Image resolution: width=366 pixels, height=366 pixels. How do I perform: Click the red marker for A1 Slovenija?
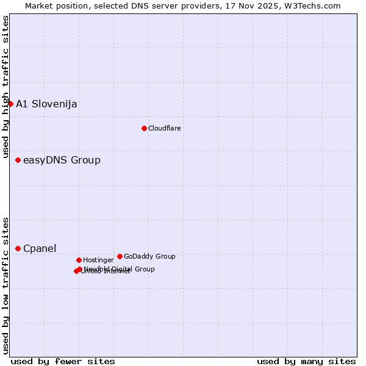point(10,104)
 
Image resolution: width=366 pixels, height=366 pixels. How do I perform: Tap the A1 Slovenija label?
point(46,104)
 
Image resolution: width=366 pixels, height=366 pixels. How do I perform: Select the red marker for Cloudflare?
point(144,128)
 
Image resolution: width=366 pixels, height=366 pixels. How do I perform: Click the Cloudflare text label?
point(164,128)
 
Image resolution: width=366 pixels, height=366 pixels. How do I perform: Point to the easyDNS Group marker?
point(18,160)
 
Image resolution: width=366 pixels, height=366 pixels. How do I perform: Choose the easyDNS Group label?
point(62,160)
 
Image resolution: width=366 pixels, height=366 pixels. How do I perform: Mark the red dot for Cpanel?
point(18,248)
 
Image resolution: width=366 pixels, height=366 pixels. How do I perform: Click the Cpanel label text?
point(40,248)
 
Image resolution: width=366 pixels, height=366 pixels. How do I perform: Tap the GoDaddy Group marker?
point(120,256)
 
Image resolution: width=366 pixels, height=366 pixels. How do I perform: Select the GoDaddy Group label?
point(149,256)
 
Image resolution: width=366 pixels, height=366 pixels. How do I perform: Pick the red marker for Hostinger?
point(79,260)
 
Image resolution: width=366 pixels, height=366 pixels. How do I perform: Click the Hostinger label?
point(98,260)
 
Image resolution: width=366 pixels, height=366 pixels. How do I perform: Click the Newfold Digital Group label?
point(120,268)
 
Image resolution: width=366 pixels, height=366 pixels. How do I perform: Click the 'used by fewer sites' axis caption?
point(63,361)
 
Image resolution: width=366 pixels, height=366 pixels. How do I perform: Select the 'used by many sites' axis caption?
point(306,361)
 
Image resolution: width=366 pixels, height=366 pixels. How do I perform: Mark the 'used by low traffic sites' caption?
point(6,285)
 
